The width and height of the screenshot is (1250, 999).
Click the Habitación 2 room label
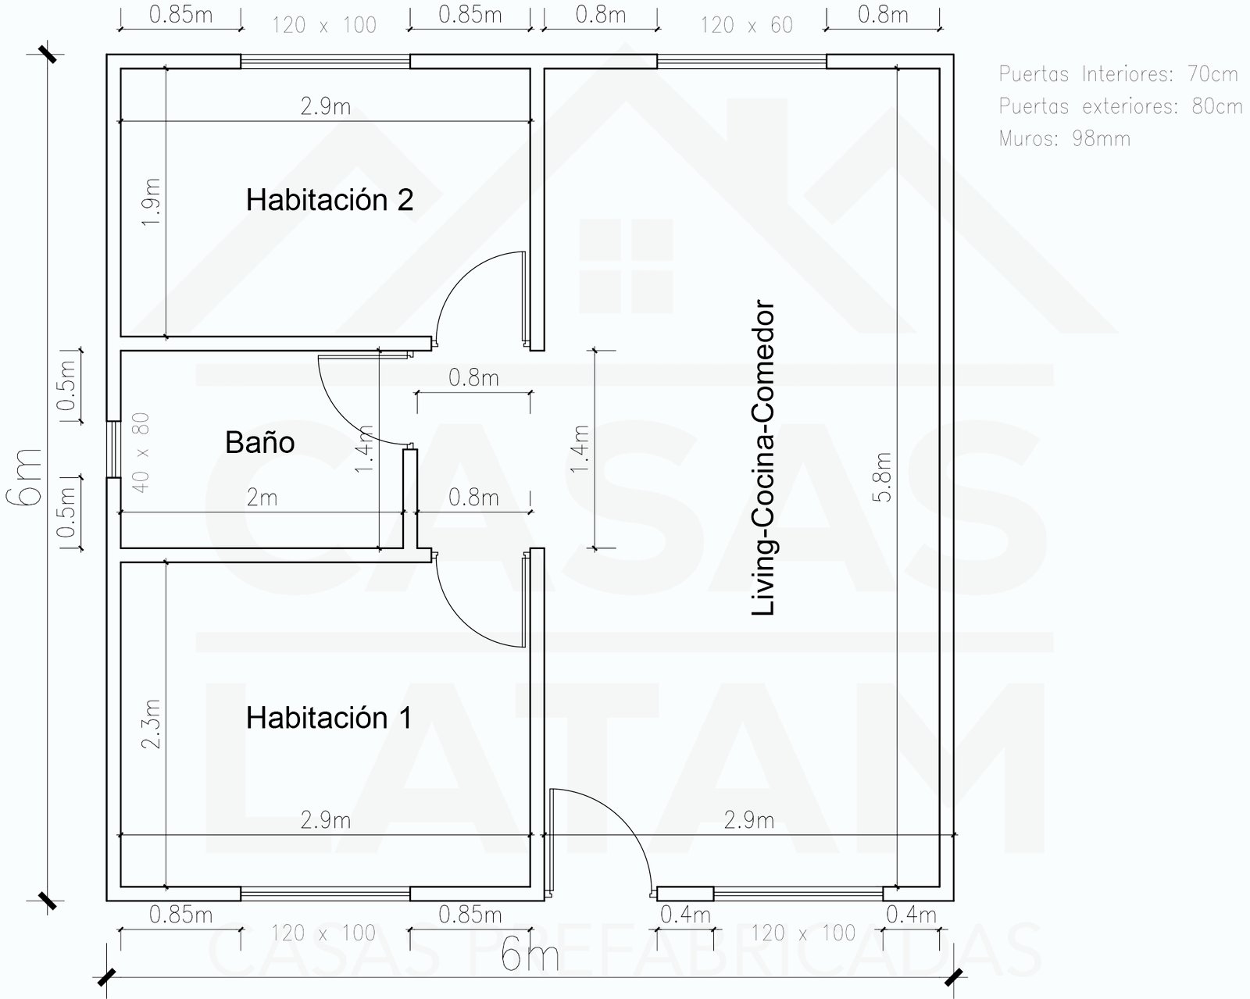click(x=329, y=200)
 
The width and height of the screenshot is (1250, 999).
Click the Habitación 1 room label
click(x=328, y=717)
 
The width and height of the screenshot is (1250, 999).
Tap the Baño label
click(x=259, y=443)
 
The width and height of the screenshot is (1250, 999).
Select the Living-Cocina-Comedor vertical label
click(x=763, y=458)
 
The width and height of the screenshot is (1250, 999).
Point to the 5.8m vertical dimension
click(x=884, y=476)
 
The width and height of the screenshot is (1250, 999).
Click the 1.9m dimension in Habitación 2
click(x=152, y=202)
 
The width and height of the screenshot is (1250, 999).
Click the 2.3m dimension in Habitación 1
click(x=152, y=723)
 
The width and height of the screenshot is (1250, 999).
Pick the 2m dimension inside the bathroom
click(x=262, y=498)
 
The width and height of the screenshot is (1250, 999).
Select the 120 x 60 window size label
click(x=746, y=26)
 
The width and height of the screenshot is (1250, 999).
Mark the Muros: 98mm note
click(x=1064, y=139)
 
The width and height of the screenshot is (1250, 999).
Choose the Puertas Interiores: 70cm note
click(x=1118, y=74)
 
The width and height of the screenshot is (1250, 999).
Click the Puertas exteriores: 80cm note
click(x=1120, y=106)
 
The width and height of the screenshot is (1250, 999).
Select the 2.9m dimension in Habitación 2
click(x=325, y=106)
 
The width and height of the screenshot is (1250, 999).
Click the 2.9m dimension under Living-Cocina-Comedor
click(x=748, y=820)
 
